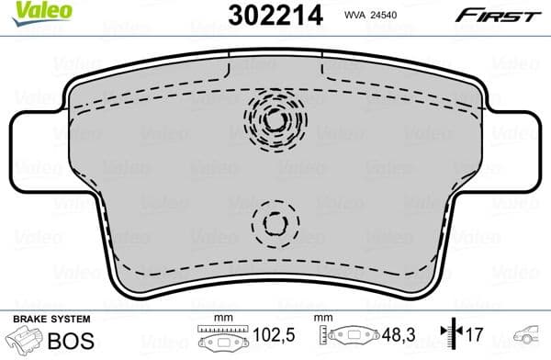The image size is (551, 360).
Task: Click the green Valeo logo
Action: [31, 12]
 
